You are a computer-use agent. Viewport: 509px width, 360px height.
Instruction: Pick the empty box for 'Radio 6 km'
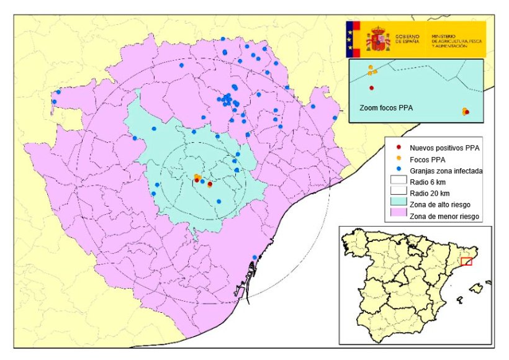coord(397,182)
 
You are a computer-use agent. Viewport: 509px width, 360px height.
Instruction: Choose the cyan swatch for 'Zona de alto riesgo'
coord(397,204)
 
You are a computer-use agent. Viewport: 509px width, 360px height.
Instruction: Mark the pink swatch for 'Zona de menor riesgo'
coord(397,215)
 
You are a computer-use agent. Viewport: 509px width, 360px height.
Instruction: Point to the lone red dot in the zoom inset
coord(372,88)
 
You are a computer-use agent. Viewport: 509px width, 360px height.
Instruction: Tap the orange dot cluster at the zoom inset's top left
coord(370,70)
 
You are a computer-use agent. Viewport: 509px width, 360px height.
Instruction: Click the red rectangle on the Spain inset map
coord(467,262)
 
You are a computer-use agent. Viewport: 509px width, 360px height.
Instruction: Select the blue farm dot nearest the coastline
coord(254,258)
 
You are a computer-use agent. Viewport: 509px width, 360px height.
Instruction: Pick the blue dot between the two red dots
coord(203,181)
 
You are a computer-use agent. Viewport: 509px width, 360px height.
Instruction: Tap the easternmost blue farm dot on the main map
coord(335,118)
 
